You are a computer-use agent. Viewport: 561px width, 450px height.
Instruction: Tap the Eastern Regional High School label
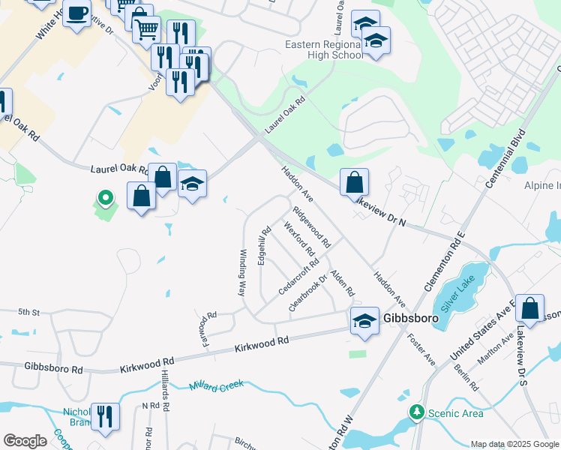tap(324, 49)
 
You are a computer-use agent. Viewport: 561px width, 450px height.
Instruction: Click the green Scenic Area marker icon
tap(415, 412)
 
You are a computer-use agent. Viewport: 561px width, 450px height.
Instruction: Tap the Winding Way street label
tap(242, 272)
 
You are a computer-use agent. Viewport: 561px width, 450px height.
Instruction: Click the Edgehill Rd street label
tap(262, 247)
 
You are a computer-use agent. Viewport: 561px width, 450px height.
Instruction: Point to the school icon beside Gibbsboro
tap(365, 320)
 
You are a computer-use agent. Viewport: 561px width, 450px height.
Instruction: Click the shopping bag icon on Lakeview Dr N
tap(354, 182)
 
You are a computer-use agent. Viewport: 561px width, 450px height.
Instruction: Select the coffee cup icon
tap(76, 13)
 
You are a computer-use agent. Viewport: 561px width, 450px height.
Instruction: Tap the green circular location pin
tap(106, 199)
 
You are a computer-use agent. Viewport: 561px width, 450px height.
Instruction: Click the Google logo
tap(25, 440)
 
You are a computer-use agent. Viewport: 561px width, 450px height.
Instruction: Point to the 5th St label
tap(28, 311)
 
